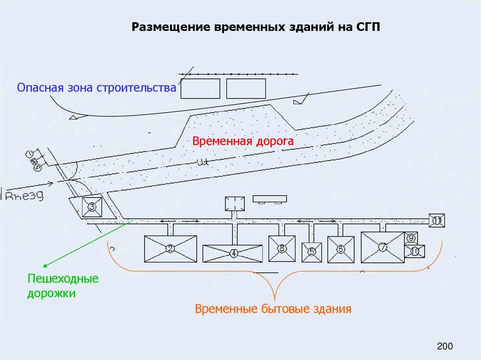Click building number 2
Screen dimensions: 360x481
(170, 249)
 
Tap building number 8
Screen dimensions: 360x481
(281, 248)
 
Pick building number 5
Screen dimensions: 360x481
(311, 252)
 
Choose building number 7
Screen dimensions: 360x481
(382, 246)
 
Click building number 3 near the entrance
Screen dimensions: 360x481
(92, 207)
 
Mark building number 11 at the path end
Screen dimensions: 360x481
(437, 220)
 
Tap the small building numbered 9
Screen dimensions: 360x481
(411, 238)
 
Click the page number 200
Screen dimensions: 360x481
(444, 347)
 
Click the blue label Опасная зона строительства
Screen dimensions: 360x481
(96, 88)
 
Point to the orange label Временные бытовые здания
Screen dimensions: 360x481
(273, 309)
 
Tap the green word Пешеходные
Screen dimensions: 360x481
(62, 278)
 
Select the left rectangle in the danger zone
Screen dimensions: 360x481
(201, 88)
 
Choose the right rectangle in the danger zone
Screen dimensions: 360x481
(246, 88)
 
